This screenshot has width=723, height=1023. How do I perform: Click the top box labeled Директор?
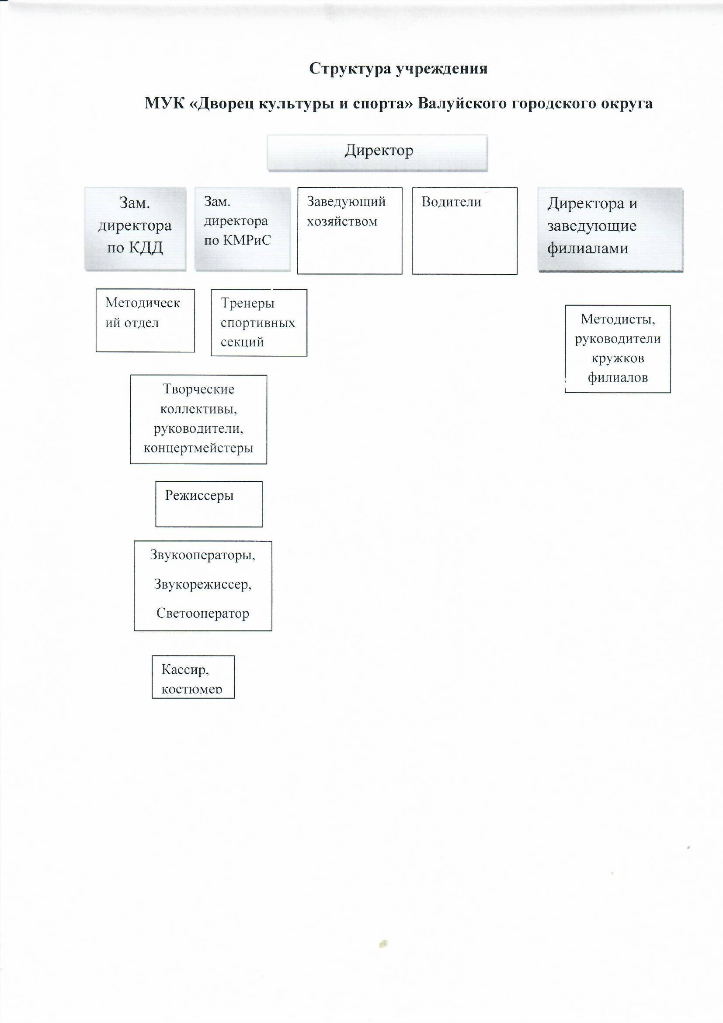pos(377,152)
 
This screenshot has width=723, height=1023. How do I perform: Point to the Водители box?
pos(464,231)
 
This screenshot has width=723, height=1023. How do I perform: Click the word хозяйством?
pos(342,221)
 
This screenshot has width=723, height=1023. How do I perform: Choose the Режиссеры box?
pos(209,504)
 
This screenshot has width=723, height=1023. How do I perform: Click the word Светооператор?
pos(202,613)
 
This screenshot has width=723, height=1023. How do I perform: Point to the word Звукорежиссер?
pos(202,584)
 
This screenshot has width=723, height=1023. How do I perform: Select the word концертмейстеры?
pos(198,448)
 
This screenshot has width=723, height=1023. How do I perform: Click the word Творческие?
pos(198,389)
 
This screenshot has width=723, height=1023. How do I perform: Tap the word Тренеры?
pos(247,303)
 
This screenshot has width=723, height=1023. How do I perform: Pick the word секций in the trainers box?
pos(242,342)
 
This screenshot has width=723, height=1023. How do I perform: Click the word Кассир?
pos(185,669)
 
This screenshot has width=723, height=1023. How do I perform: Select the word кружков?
pos(618,358)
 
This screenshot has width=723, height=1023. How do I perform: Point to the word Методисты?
pos(618,319)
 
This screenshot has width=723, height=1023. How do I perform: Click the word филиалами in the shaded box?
pos(587,248)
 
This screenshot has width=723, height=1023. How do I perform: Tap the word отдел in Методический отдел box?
pos(142,323)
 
